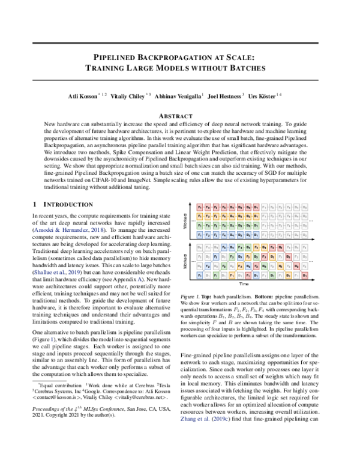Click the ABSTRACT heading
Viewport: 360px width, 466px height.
pos(179,114)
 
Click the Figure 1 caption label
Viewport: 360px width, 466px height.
pos(190,297)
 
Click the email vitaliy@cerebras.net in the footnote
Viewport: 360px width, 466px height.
pos(140,414)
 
